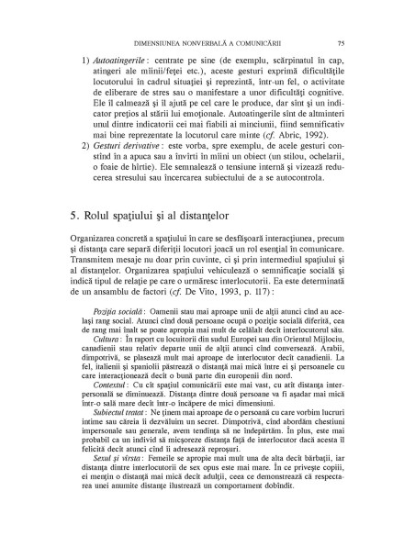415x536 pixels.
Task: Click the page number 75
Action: tap(341, 42)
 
